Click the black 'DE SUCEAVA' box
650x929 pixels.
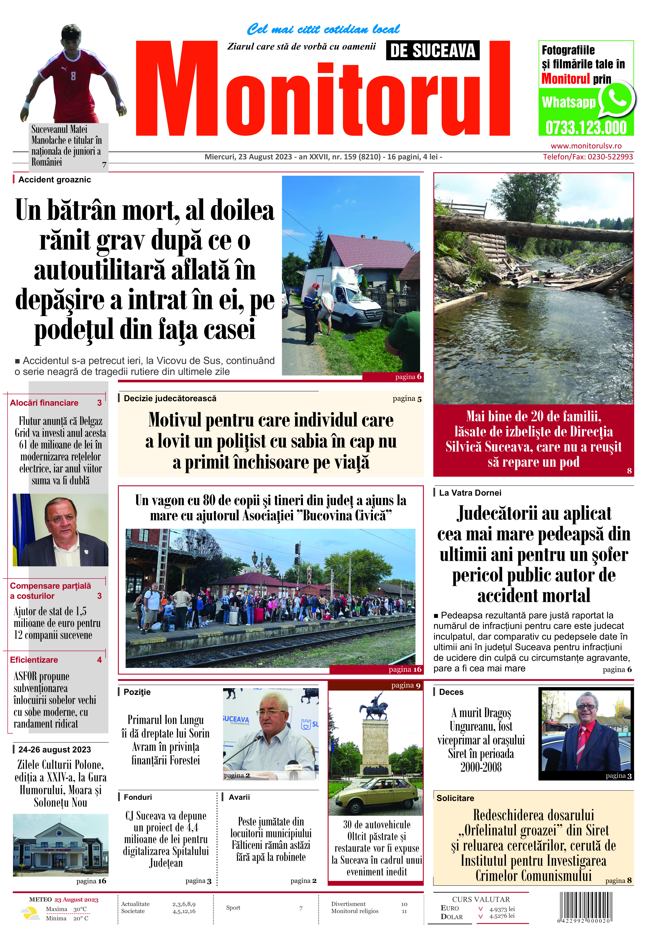[x=432, y=51]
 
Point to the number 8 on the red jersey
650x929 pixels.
[x=73, y=76]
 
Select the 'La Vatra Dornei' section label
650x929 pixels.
[x=470, y=493]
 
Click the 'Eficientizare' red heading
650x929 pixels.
[x=34, y=660]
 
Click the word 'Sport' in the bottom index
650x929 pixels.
[x=233, y=908]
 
